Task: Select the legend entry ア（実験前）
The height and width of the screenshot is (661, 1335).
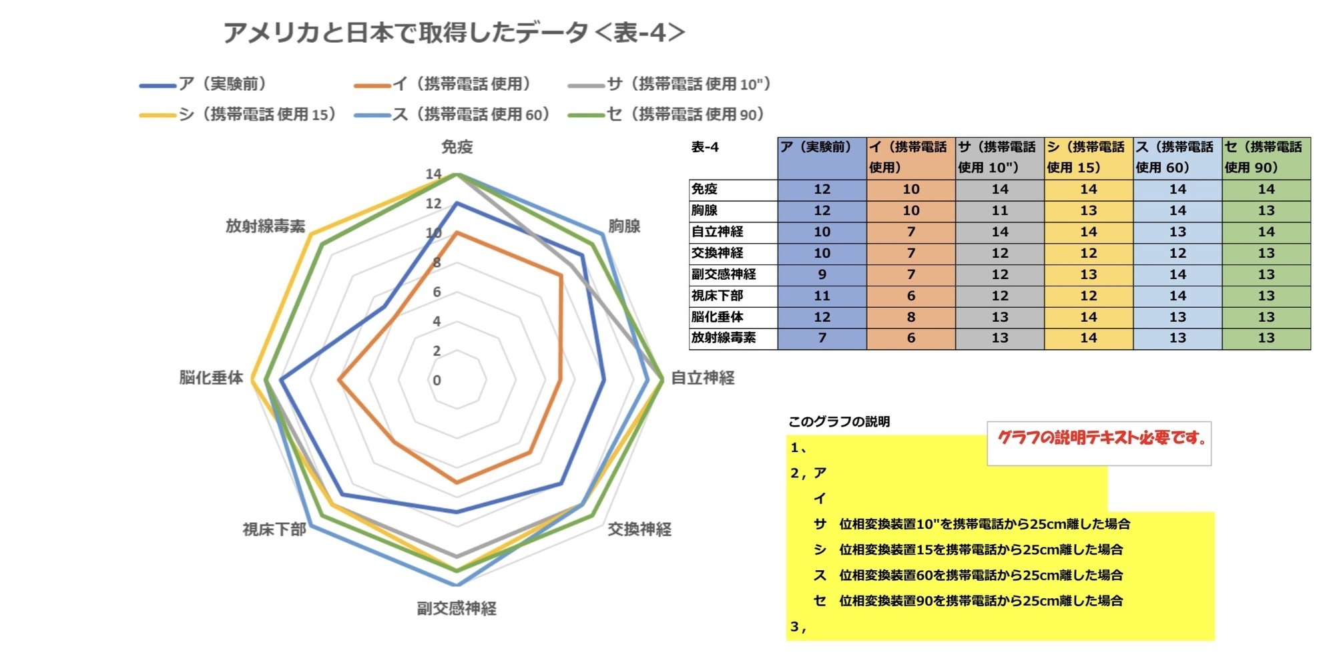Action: click(x=223, y=84)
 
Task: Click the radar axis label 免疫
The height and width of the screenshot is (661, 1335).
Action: click(x=457, y=147)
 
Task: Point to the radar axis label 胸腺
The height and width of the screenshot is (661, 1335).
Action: click(x=624, y=226)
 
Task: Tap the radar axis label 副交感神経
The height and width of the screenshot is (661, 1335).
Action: click(x=457, y=608)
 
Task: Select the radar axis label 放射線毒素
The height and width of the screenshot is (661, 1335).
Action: click(x=265, y=226)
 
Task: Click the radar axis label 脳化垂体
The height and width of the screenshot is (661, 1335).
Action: click(x=211, y=378)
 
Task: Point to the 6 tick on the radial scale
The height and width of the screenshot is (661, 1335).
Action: click(x=437, y=292)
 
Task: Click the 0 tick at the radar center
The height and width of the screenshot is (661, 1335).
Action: click(x=437, y=381)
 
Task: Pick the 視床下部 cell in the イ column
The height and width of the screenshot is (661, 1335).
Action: click(x=910, y=296)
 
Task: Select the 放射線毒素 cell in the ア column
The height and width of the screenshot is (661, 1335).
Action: click(x=822, y=338)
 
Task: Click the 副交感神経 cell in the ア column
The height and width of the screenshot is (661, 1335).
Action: click(x=822, y=274)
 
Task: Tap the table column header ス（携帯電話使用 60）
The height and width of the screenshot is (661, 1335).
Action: click(x=1177, y=158)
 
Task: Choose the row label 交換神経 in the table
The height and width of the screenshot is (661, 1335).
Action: click(x=718, y=253)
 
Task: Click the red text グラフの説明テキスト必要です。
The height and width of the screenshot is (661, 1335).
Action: click(x=1101, y=439)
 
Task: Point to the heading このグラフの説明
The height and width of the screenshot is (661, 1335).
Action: click(x=839, y=422)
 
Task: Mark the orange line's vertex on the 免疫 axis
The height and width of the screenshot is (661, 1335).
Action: click(x=457, y=233)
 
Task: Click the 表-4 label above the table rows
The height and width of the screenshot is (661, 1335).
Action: click(x=705, y=148)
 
